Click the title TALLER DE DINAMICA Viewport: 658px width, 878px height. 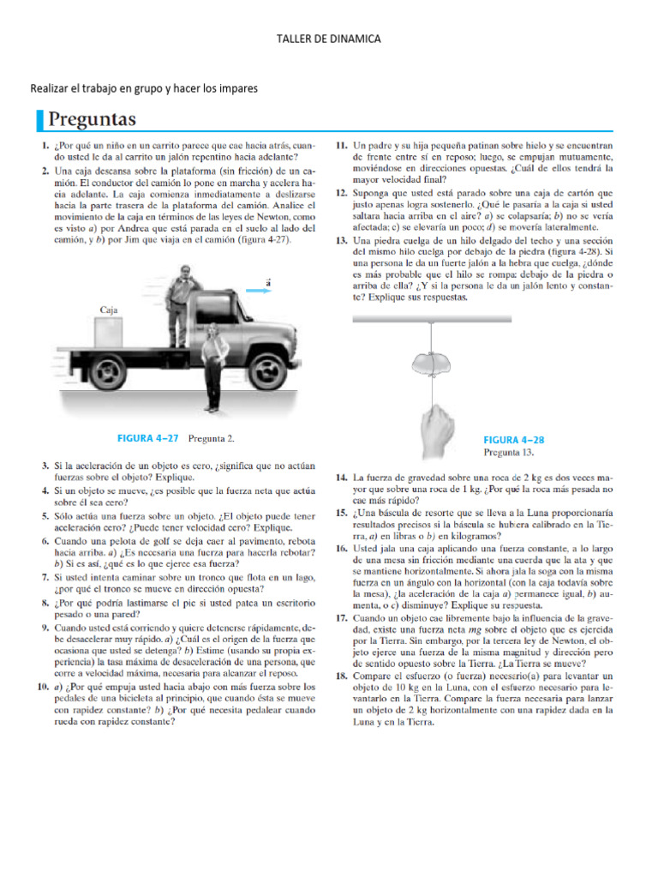pos(329,39)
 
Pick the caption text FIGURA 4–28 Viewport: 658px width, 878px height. pos(514,439)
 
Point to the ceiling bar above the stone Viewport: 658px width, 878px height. pos(472,318)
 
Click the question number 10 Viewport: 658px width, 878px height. pos(39,689)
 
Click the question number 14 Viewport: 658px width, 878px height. pos(342,476)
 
